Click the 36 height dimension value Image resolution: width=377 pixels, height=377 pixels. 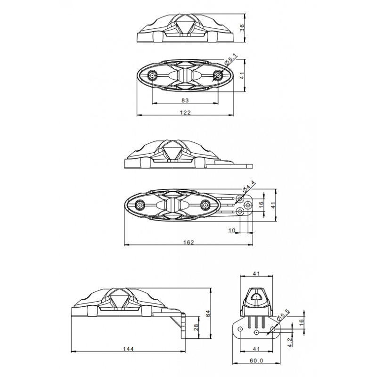tap(242, 28)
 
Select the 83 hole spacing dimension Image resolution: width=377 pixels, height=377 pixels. tap(185, 100)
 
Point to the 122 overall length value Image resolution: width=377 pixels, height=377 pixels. tap(186, 112)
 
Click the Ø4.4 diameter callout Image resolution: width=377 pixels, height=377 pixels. tap(248, 187)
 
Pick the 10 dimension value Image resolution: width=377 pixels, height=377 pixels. tap(231, 230)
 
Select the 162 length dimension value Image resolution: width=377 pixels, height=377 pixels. tap(188, 242)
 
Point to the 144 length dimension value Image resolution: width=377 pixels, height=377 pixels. tap(128, 349)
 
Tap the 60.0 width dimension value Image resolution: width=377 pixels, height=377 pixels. tap(257, 361)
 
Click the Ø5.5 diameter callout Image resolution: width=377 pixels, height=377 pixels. tap(284, 316)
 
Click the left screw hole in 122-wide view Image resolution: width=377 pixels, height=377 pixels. tap(153, 75)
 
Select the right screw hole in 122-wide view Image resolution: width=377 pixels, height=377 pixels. tap(218, 75)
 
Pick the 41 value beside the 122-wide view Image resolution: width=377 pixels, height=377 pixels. tap(242, 75)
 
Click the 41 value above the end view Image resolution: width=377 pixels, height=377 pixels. tap(257, 273)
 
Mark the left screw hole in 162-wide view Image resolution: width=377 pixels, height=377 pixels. tap(140, 205)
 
